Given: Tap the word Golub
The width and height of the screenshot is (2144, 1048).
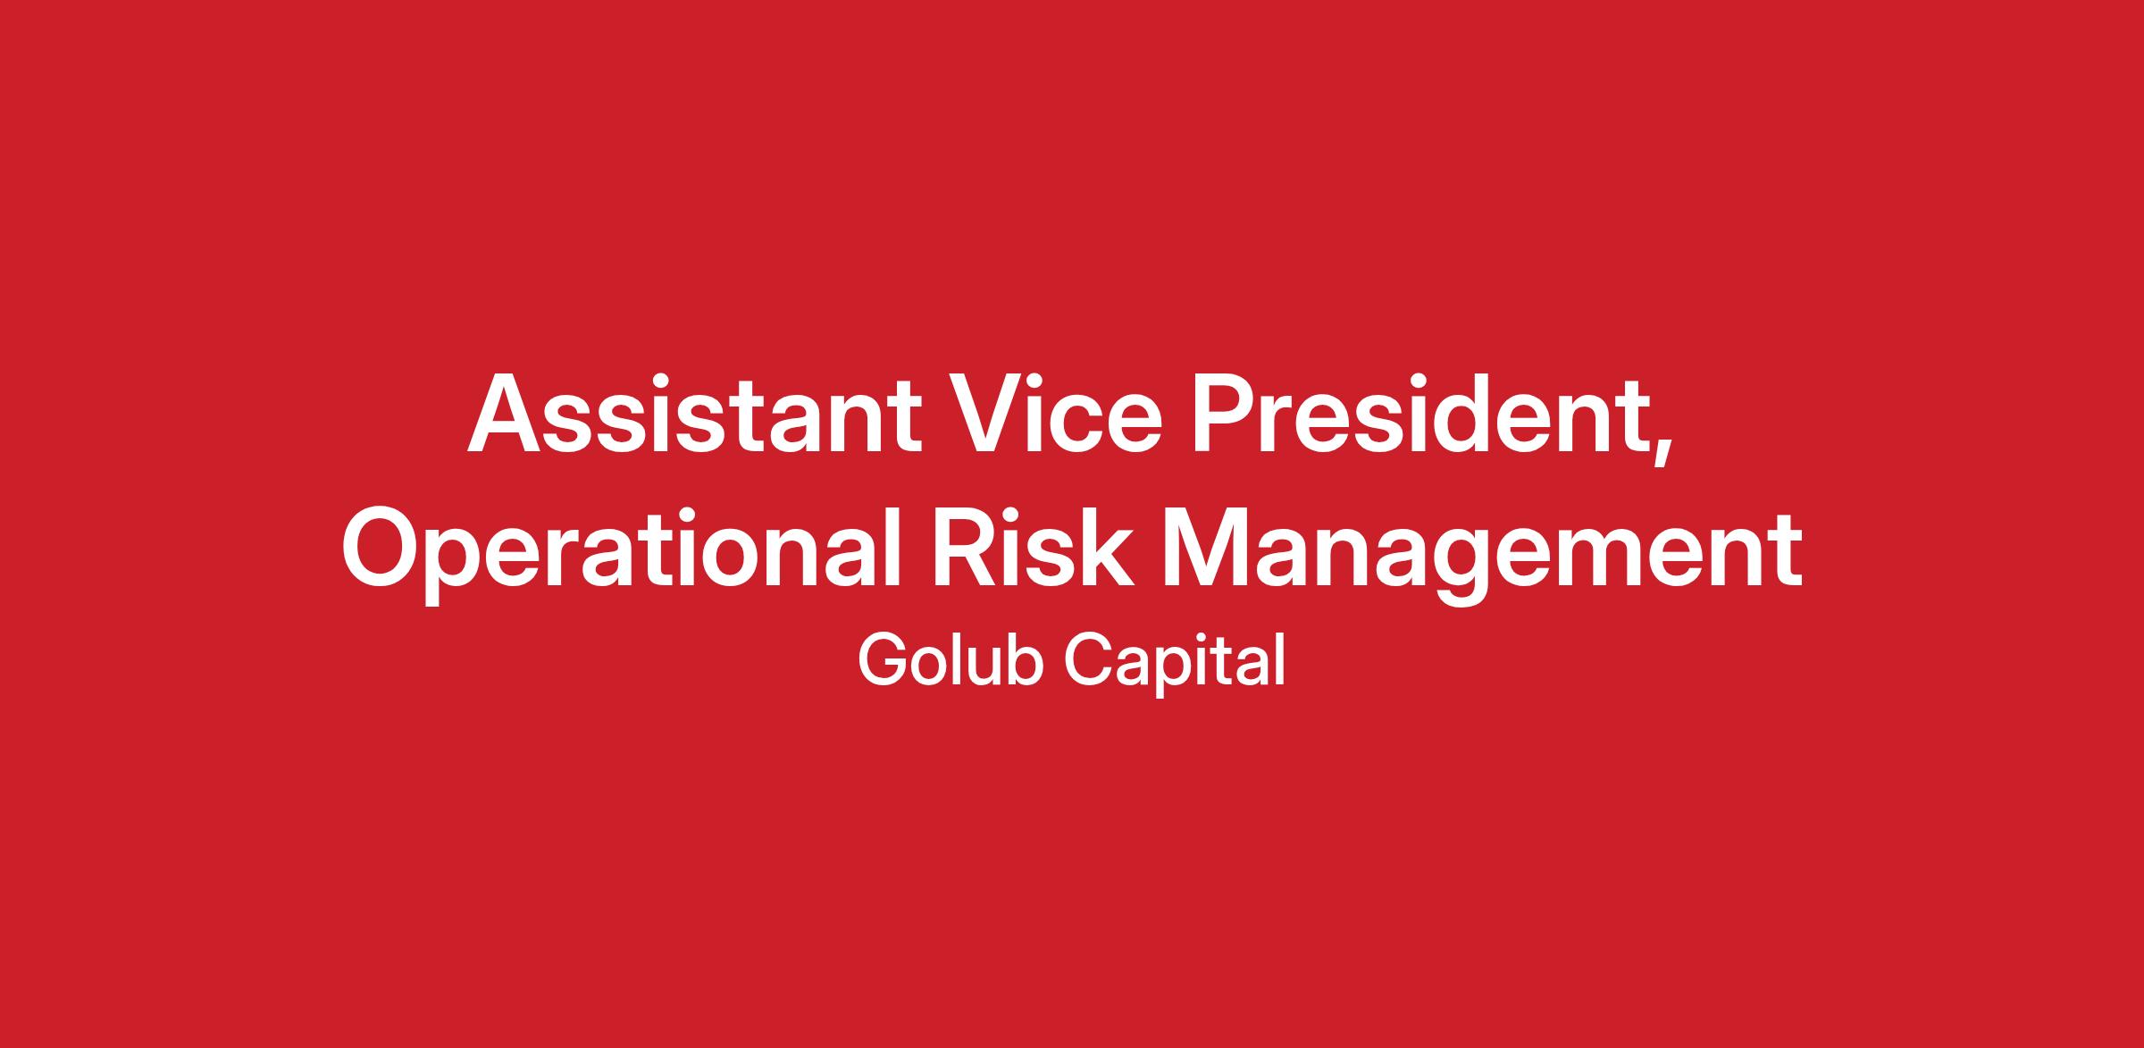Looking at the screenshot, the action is coord(951,660).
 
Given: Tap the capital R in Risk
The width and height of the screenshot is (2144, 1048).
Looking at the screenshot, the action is coord(967,548).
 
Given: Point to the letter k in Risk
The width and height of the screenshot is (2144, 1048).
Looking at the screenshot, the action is coord(1108,547).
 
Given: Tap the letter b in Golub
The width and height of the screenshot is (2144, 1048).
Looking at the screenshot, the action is coord(1025,660).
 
